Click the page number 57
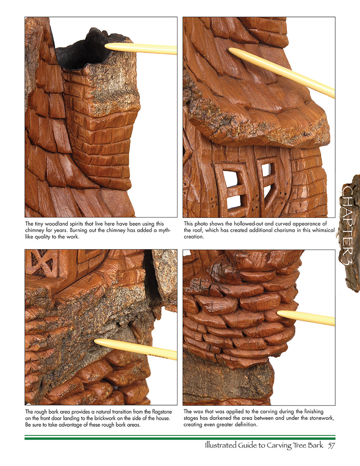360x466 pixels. [331, 445]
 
